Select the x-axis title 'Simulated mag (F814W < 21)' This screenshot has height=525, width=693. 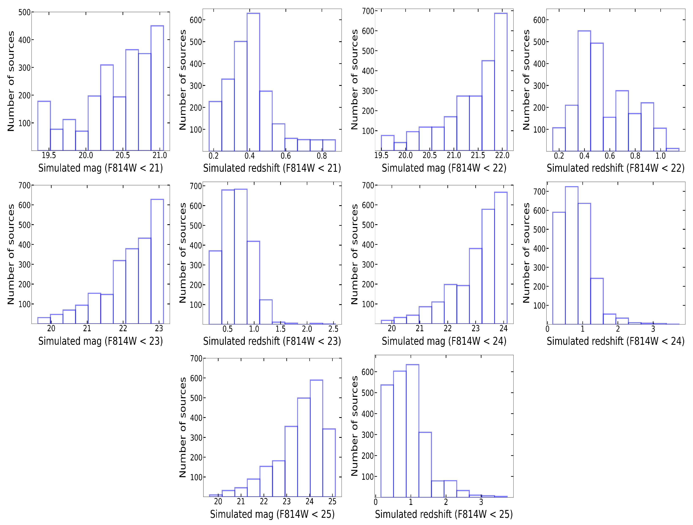[101, 168]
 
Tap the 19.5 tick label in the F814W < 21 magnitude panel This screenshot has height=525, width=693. [49, 155]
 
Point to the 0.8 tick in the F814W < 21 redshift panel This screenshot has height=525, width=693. [322, 156]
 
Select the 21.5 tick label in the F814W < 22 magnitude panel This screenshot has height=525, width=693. [478, 155]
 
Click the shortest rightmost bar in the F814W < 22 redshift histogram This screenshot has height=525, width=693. [672, 150]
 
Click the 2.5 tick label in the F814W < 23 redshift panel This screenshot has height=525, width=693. [333, 329]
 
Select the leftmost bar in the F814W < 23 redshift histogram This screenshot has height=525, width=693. [215, 287]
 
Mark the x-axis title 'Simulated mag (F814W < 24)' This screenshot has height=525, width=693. [444, 341]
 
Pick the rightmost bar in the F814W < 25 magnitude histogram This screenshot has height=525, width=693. [329, 463]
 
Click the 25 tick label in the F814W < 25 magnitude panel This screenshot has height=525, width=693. [332, 502]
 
